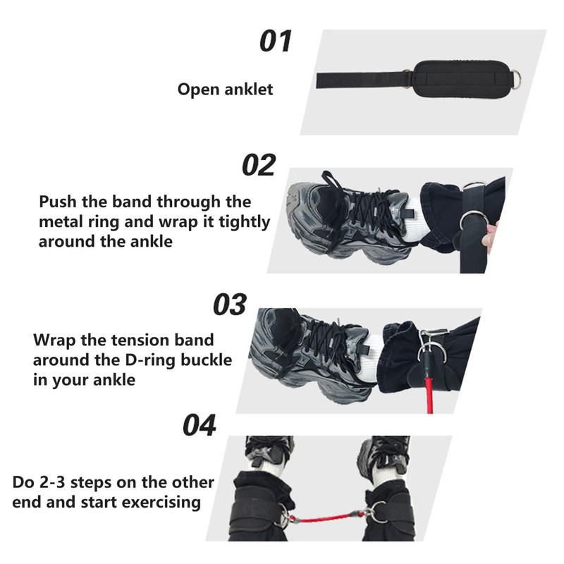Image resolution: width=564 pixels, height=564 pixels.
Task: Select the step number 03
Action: point(230,305)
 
